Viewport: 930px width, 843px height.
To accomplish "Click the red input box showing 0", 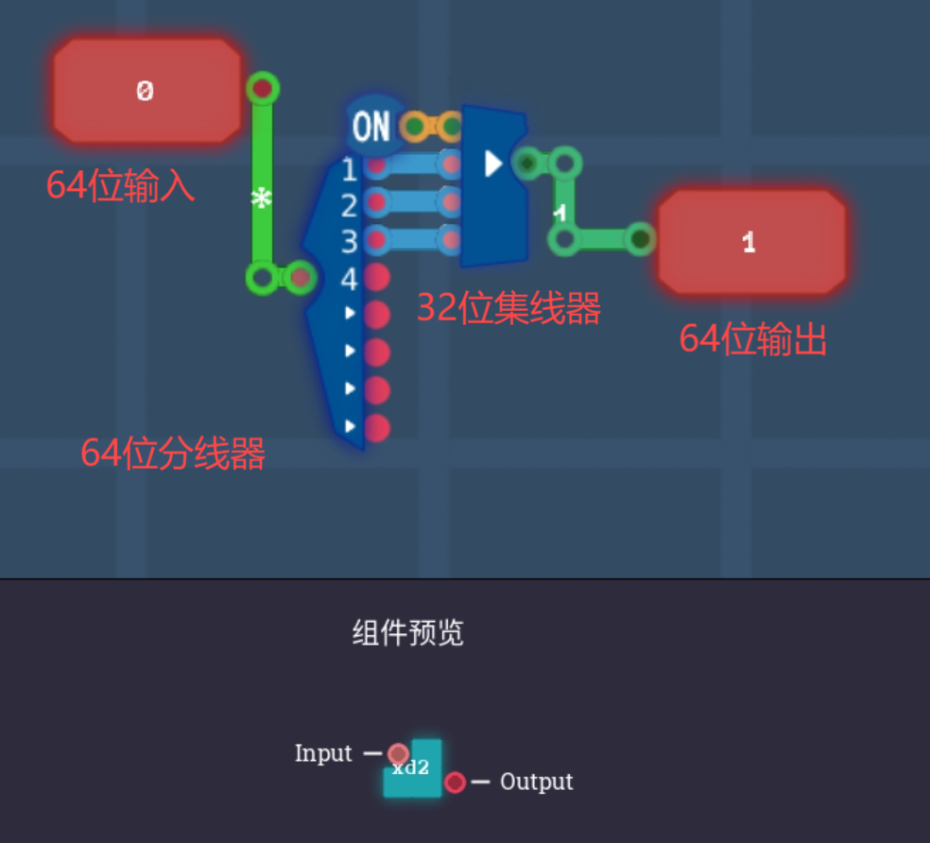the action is click(x=146, y=91).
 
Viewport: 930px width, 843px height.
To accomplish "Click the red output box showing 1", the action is click(x=751, y=242).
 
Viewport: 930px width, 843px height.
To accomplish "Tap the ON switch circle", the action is click(x=371, y=126).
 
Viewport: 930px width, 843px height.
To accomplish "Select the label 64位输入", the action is click(x=120, y=186).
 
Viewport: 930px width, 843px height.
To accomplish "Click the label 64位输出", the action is click(x=753, y=339).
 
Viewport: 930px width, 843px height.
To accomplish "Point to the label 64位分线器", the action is click(x=173, y=455).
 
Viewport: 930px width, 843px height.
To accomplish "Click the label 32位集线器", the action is click(x=508, y=308).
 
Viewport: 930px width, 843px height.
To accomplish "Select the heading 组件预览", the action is click(x=407, y=633).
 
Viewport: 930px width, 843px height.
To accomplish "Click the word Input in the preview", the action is click(x=323, y=753).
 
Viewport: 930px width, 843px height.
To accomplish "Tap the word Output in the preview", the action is click(x=536, y=782).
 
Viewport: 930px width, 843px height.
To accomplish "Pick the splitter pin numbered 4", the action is click(x=377, y=278).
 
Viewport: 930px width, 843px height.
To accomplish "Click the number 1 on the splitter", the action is click(x=349, y=170).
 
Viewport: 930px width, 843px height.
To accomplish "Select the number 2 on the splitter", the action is click(x=349, y=205).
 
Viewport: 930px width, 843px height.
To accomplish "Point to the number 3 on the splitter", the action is click(x=349, y=242).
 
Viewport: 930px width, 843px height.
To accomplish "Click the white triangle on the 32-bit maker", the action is click(x=492, y=163).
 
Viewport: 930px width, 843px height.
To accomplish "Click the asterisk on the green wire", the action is click(x=262, y=199).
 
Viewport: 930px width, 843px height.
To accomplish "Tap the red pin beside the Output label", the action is click(x=455, y=783).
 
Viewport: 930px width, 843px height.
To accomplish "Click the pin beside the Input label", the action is click(x=398, y=754).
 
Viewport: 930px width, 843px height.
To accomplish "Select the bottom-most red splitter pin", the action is click(x=377, y=427).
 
